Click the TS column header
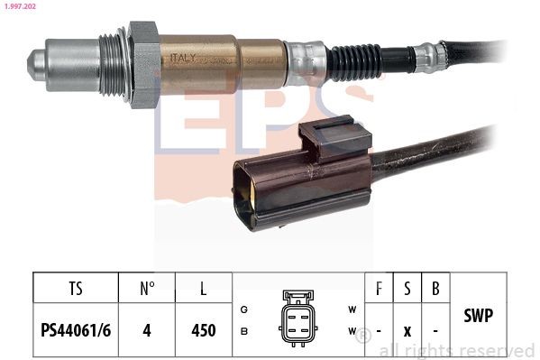click(76, 290)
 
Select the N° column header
click(148, 290)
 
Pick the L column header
click(205, 290)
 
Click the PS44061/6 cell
click(76, 330)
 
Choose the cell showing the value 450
click(205, 330)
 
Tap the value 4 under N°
click(148, 330)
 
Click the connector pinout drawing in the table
click(298, 317)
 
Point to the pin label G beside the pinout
click(244, 309)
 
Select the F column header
click(379, 290)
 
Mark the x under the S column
click(407, 331)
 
